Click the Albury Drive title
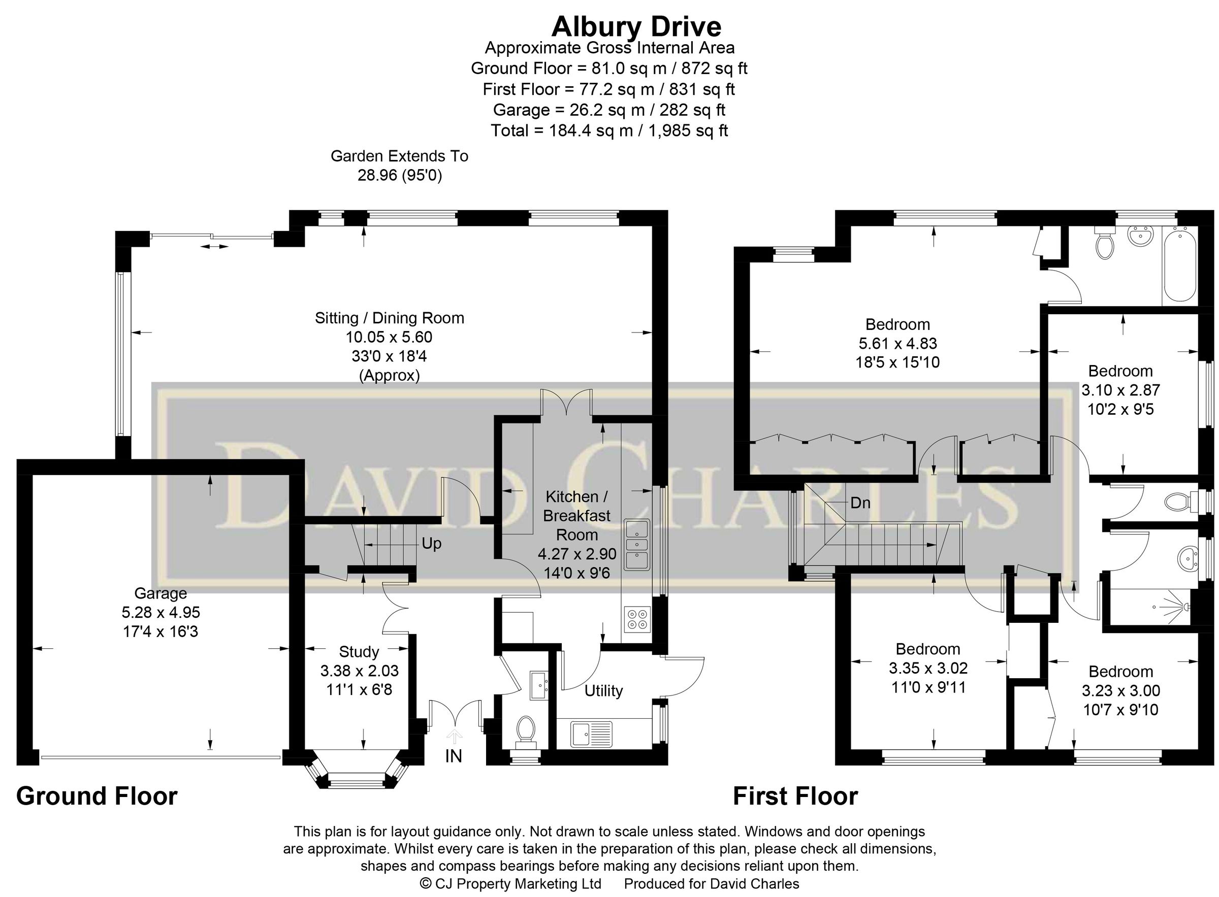(636, 26)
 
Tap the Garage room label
(161, 593)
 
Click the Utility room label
(603, 691)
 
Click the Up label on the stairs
(431, 544)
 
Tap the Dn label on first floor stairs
(860, 503)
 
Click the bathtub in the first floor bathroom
(1179, 266)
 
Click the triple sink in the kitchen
(636, 545)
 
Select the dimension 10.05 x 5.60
(389, 337)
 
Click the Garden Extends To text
(399, 156)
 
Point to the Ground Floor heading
(97, 796)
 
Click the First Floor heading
(795, 796)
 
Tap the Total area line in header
(609, 131)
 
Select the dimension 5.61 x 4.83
(897, 343)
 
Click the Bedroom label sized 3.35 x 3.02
(928, 649)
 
